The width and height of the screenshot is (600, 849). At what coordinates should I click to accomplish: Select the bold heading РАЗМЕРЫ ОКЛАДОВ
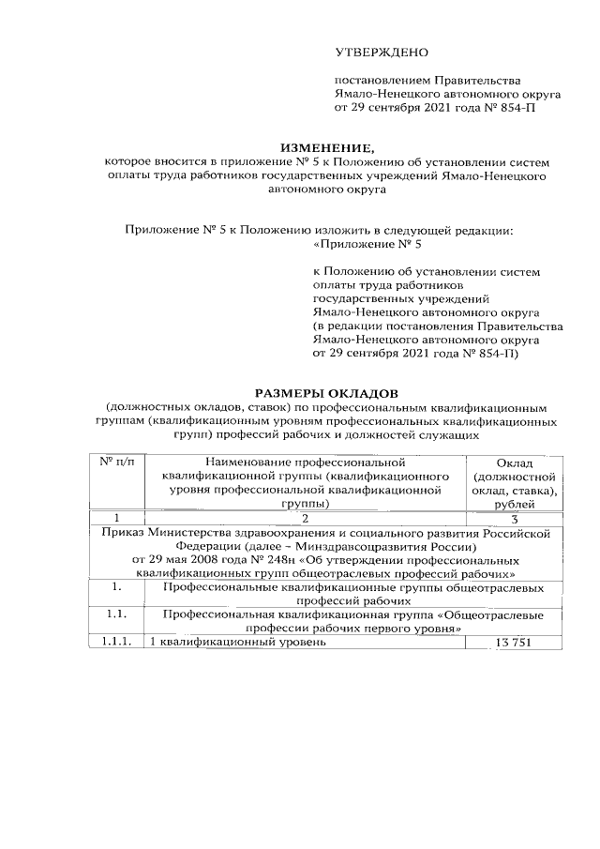[x=327, y=392]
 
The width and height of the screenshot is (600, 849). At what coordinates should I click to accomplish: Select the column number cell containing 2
[x=305, y=519]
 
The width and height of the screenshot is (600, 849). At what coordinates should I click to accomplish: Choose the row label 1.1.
[x=116, y=615]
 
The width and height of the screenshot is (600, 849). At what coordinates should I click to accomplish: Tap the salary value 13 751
[x=517, y=643]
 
